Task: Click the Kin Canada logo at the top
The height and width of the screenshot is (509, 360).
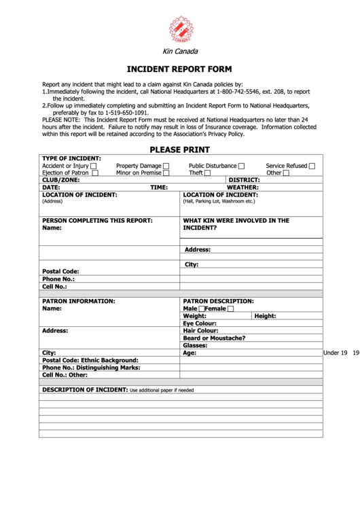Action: (x=180, y=29)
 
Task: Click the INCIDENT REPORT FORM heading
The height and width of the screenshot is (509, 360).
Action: (x=180, y=69)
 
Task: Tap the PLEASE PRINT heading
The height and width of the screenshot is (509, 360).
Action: (x=180, y=150)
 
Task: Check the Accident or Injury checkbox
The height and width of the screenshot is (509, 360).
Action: (x=94, y=166)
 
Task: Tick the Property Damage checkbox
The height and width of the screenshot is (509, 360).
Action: (x=166, y=166)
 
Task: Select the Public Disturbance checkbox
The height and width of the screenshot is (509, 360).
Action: (x=241, y=166)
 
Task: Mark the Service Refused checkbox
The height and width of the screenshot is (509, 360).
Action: (x=312, y=166)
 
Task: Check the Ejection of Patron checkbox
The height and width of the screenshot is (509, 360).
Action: (x=95, y=173)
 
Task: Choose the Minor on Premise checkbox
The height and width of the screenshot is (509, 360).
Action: (x=166, y=173)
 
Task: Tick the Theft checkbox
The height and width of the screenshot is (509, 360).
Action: (x=207, y=173)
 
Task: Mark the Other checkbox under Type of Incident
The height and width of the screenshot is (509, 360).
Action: (x=286, y=173)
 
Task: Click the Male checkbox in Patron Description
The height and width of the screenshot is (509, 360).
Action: (x=202, y=309)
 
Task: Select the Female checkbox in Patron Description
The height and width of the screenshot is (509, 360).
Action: (x=230, y=309)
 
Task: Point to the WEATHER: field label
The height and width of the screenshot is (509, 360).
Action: (x=242, y=187)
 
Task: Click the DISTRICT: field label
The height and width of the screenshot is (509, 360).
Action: (x=244, y=180)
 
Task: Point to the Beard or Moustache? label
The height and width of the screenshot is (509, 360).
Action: (x=214, y=338)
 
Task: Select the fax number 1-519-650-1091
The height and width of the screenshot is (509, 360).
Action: (x=127, y=113)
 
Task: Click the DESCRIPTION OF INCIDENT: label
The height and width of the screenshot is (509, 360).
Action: (x=85, y=390)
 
